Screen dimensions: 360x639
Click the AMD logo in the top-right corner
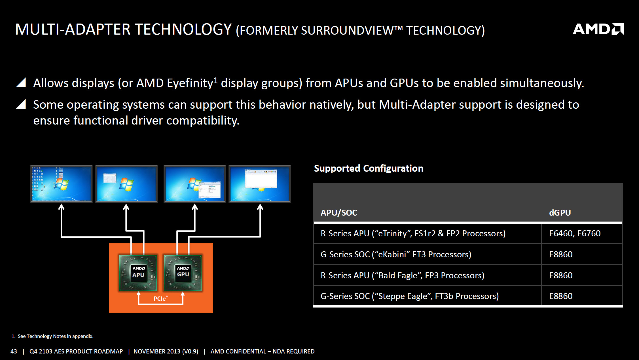(598, 29)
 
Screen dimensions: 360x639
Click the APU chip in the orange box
(138, 273)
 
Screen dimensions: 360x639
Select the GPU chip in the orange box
(183, 273)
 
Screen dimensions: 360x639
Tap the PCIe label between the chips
(160, 298)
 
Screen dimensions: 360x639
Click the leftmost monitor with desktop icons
(61, 184)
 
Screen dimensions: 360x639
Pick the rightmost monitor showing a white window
(260, 184)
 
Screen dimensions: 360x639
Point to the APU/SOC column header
(339, 212)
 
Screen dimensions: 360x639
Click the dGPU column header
(560, 212)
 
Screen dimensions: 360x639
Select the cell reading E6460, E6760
(575, 233)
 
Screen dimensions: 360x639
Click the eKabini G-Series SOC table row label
(396, 254)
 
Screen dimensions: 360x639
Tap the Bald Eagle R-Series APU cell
(402, 275)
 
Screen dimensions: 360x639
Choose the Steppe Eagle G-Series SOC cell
(409, 296)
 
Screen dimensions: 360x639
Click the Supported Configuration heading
(369, 168)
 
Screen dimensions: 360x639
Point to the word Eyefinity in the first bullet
(190, 83)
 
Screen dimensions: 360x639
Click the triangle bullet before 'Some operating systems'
(21, 104)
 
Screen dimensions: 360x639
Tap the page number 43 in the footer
(14, 351)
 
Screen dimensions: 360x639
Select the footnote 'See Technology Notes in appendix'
(55, 336)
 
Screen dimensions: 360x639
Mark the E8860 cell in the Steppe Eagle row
(561, 296)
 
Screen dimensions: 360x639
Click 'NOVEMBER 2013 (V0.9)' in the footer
(166, 351)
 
